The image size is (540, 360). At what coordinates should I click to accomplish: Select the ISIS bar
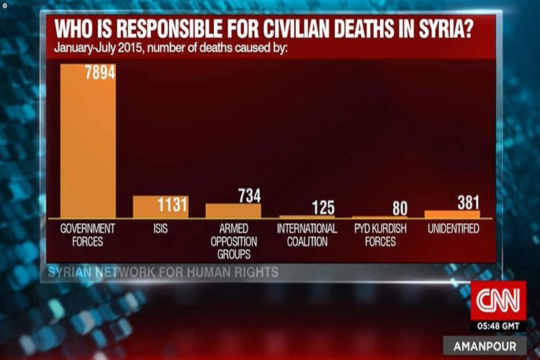point(160,207)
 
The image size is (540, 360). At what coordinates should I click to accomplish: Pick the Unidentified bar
point(451,214)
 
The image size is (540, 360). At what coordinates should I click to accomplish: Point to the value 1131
point(172,205)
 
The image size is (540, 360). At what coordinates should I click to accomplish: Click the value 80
point(400,209)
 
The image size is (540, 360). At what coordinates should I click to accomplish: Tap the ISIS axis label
point(160,229)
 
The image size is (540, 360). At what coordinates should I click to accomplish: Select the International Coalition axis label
point(307,235)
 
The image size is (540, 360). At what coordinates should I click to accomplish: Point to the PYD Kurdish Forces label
point(379,235)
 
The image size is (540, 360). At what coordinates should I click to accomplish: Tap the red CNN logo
point(498,298)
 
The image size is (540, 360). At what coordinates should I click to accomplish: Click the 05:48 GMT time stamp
point(498,325)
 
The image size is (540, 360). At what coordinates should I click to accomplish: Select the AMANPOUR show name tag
point(490,346)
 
